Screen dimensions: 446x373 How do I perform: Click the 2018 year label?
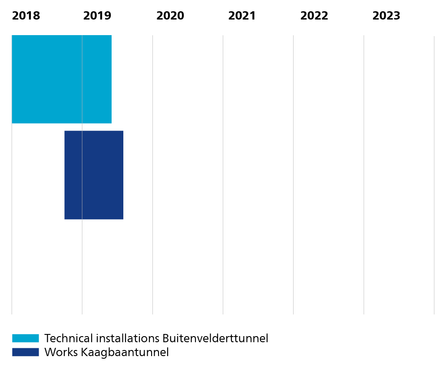(26, 16)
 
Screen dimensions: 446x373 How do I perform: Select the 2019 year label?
(97, 16)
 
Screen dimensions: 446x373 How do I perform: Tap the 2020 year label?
(170, 16)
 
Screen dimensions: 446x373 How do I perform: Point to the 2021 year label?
(242, 16)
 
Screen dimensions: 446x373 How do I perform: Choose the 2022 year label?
(314, 16)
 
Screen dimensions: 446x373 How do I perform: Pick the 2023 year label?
(386, 16)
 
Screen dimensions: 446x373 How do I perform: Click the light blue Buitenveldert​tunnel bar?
(62, 79)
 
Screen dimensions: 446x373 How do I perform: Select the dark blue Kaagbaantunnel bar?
(94, 175)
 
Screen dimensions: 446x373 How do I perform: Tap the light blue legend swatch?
(26, 338)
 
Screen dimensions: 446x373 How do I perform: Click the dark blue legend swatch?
(26, 352)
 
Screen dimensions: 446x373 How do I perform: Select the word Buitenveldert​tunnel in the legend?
(215, 338)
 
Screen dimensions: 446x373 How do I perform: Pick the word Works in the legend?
(61, 352)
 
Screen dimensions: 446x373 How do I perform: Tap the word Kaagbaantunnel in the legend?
(125, 353)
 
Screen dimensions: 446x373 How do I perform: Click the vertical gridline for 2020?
(153, 175)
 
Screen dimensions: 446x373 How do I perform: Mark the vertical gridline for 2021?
(223, 175)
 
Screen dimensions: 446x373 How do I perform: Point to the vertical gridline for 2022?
(293, 175)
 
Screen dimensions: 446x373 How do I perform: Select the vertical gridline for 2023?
(364, 175)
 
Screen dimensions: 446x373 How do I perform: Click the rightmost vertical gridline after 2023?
(434, 175)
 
